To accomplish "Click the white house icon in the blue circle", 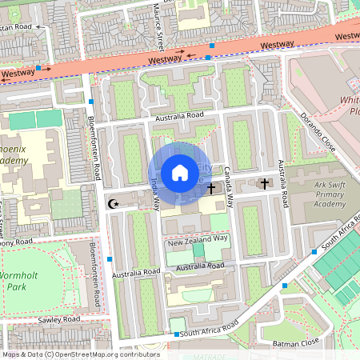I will pos(180,173).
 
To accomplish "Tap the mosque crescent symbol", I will pos(114,204).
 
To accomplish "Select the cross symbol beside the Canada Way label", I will pos(211,190).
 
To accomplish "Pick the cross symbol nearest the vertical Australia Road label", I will pos(265,184).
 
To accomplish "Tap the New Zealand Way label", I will pos(198,238).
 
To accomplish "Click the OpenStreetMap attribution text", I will pos(81,354).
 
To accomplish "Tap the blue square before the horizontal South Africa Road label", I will pos(175,334).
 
